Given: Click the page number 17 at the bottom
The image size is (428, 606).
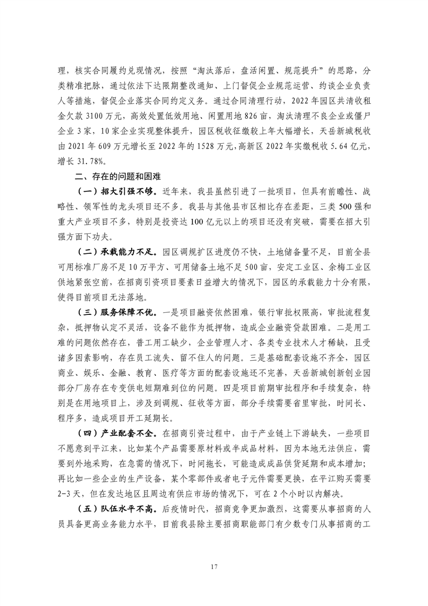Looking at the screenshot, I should [x=214, y=567].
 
